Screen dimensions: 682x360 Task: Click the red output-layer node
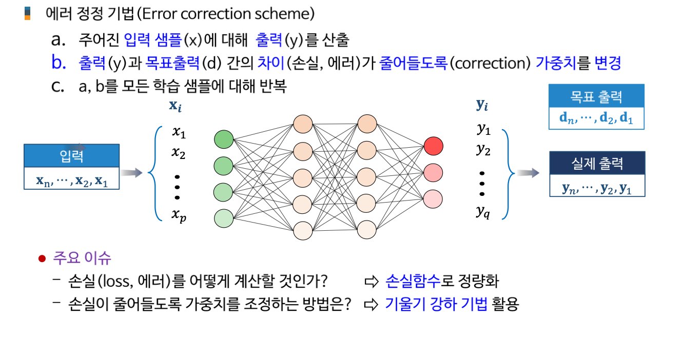(433, 147)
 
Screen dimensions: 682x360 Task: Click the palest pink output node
(433, 197)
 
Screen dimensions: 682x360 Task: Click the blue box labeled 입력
(72, 156)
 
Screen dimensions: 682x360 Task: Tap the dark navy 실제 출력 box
(597, 164)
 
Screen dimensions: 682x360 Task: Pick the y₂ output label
(483, 150)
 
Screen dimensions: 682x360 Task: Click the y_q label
(483, 211)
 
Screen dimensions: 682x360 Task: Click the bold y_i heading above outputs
(482, 106)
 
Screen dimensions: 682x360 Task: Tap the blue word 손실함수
(413, 281)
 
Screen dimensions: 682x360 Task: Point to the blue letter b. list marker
(59, 63)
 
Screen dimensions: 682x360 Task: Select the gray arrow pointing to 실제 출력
(527, 173)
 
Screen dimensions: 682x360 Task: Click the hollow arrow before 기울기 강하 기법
(370, 305)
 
